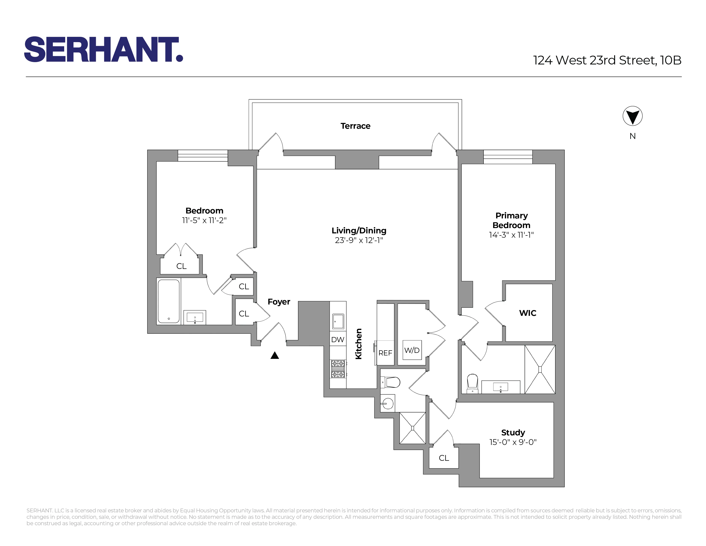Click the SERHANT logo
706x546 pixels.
point(104,49)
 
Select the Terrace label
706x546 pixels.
point(355,126)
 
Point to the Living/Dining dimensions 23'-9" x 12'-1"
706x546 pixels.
point(359,240)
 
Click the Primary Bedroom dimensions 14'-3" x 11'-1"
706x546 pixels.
point(511,235)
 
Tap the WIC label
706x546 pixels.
point(528,313)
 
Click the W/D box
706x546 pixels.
point(412,350)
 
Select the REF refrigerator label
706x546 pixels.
point(385,353)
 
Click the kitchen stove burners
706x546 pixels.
point(337,369)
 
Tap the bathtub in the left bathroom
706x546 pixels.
point(168,301)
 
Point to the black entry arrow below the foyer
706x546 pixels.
point(274,355)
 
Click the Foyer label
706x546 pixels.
point(279,301)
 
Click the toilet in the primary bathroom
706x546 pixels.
point(472,382)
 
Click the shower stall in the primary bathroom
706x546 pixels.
point(540,369)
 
